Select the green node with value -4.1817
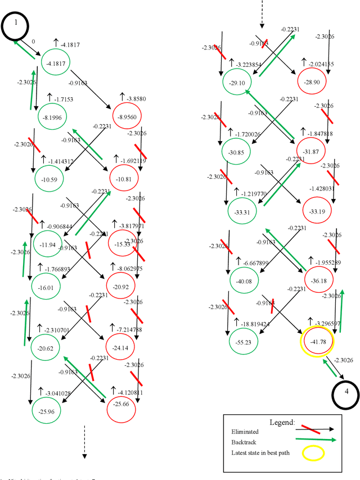click(x=54, y=64)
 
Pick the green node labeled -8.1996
click(x=46, y=117)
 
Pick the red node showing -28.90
click(x=311, y=82)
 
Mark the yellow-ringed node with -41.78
click(x=318, y=341)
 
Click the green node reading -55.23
click(x=244, y=341)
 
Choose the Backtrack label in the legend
click(x=242, y=442)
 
